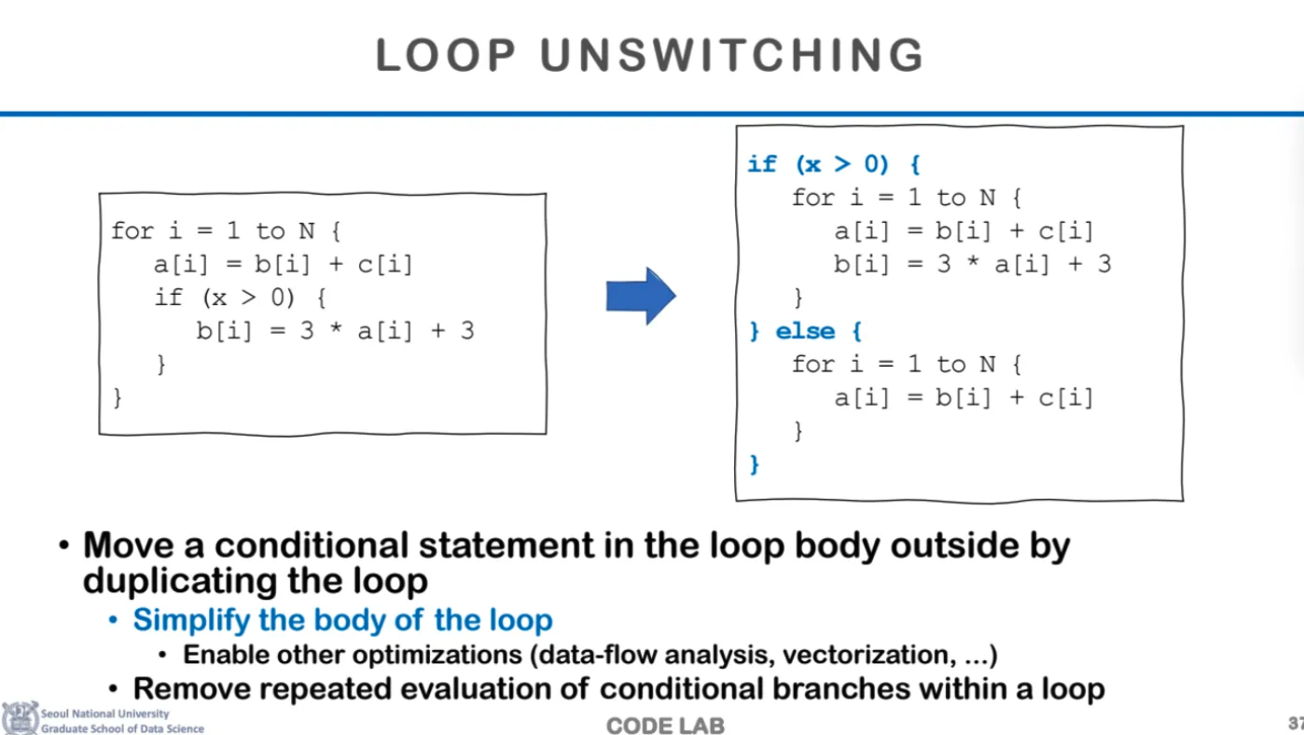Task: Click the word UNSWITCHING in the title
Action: pos(732,55)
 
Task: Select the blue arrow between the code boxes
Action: pos(641,296)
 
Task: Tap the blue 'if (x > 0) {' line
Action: pos(834,165)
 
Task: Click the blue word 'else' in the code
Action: pos(806,331)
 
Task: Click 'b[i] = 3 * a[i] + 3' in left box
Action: pos(335,331)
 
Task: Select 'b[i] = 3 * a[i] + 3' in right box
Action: pos(972,264)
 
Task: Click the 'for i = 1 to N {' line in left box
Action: pos(227,230)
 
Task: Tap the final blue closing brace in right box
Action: pos(755,464)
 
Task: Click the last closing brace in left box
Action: pos(118,398)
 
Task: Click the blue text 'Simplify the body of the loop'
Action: pos(342,620)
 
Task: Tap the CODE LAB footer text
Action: pos(665,726)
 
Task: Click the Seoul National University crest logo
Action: pos(20,718)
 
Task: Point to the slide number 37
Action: pos(1295,723)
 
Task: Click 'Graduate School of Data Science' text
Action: pos(122,728)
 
